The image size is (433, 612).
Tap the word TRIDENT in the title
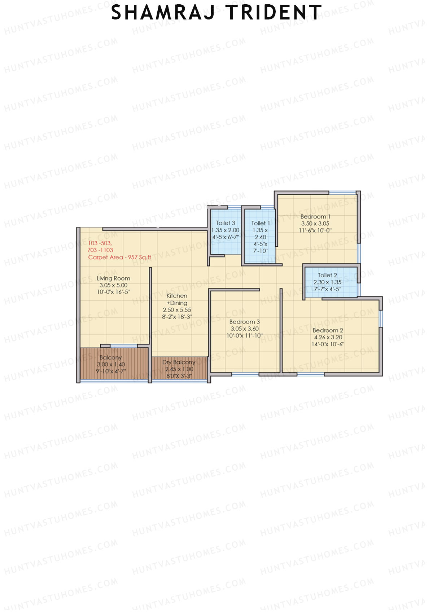coord(274,13)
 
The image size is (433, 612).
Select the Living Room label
coord(113,278)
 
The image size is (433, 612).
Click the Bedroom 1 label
coord(315,217)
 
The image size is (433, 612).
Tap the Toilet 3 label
coord(226,223)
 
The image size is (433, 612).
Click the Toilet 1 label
coord(261,223)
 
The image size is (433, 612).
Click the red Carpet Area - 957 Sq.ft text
coord(119,257)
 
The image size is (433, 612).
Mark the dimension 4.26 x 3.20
coord(328,338)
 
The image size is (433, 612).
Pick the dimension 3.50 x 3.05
coord(315,224)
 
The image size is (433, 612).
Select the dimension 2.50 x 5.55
coord(177,310)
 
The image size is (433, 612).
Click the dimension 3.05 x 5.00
coord(113,285)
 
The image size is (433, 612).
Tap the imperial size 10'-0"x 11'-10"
coord(244,336)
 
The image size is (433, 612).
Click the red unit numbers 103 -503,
coord(100,243)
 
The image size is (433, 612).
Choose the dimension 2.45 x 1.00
coord(179,369)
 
